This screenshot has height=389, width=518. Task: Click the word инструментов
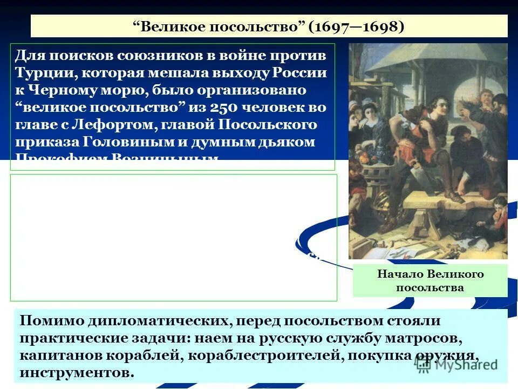click(x=76, y=373)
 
